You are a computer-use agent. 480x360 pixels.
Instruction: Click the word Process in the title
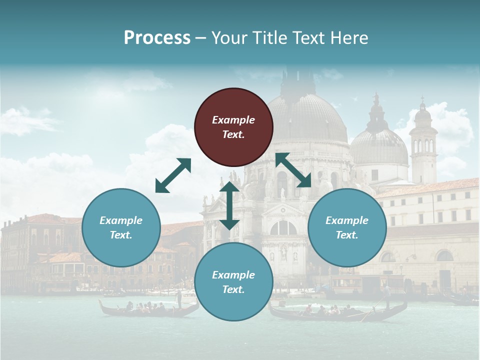point(157,38)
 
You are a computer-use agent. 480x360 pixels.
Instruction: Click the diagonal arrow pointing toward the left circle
point(173,175)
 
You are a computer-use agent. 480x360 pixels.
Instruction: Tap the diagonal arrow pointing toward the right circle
point(293,170)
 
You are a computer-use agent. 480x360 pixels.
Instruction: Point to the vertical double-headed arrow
point(229,205)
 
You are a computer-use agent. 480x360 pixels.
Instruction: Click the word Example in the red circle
point(233,120)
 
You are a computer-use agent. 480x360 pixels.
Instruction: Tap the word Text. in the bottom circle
point(233,289)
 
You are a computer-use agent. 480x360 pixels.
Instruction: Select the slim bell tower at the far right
point(423,145)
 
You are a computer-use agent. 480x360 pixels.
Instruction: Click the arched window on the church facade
point(283,228)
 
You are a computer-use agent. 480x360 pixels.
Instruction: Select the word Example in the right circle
point(347,220)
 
